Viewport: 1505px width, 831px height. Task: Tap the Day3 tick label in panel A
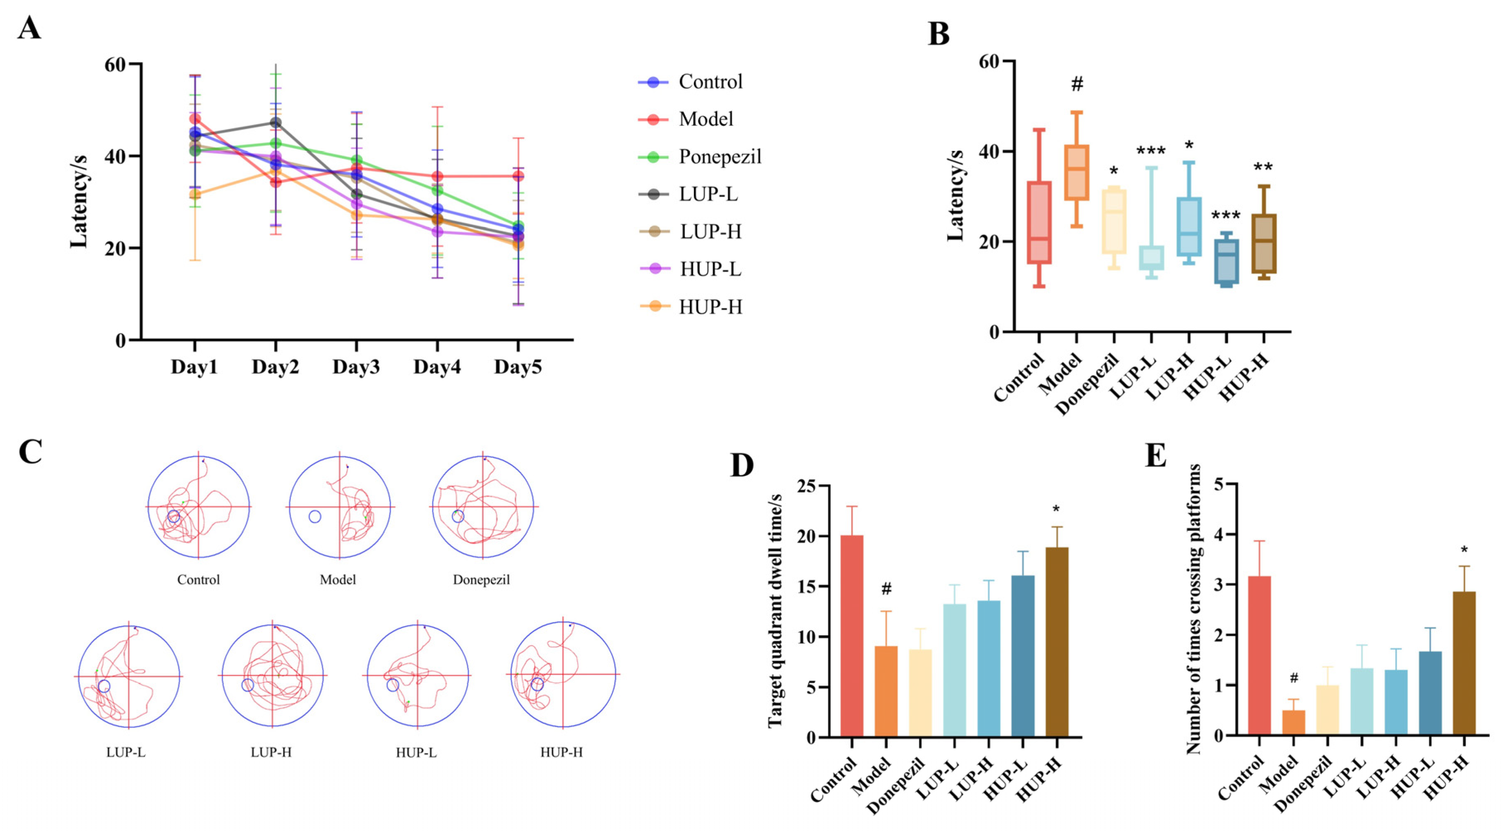tap(356, 367)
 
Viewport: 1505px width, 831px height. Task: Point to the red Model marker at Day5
tap(518, 176)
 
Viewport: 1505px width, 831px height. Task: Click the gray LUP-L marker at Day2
tap(275, 123)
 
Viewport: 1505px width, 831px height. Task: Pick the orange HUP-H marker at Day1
tap(194, 195)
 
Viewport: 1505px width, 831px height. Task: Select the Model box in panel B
tap(1077, 173)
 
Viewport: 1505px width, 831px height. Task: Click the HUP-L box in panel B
tap(1227, 261)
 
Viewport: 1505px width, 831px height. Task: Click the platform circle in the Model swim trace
tap(315, 516)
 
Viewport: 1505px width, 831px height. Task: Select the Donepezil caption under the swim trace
tap(481, 580)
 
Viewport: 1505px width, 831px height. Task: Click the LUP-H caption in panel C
tap(271, 752)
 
